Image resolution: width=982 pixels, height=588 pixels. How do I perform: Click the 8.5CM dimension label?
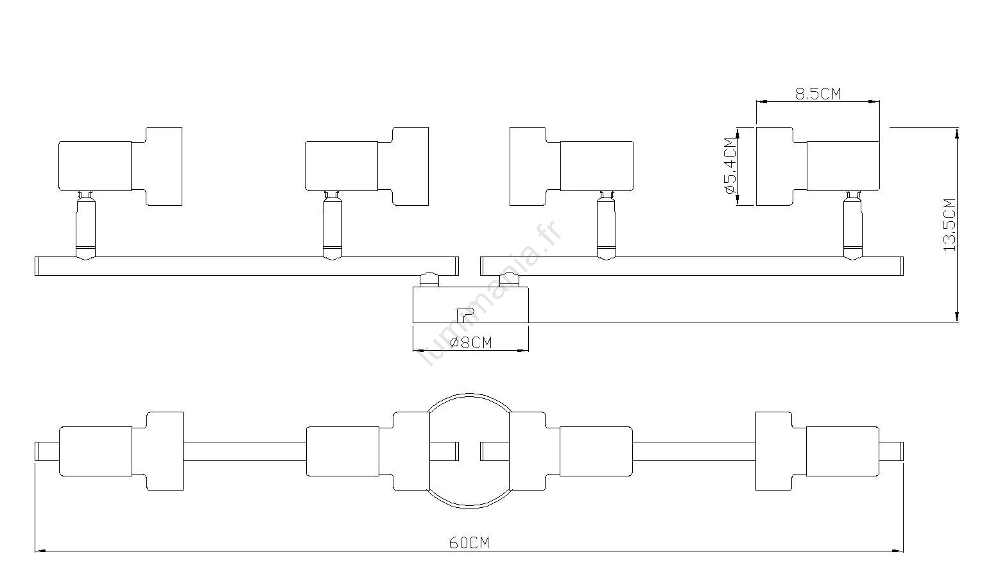tap(818, 94)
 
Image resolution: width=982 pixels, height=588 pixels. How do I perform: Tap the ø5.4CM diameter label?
tap(730, 166)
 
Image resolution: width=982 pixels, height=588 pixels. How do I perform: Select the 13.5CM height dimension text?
tap(949, 225)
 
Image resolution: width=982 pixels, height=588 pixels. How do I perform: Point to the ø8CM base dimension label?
tap(471, 342)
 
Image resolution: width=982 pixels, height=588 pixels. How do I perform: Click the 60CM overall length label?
tap(469, 543)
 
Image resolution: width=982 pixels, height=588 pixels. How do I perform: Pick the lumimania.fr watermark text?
tap(490, 292)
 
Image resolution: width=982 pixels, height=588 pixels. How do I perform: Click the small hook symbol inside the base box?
tap(465, 315)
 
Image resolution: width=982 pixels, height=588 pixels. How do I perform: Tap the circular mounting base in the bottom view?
tap(469, 394)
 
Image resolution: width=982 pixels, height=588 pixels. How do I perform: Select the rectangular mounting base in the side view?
tap(471, 305)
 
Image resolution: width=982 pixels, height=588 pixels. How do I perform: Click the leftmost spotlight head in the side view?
tap(121, 166)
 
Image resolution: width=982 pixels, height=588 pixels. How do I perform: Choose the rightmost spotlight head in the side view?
tap(818, 166)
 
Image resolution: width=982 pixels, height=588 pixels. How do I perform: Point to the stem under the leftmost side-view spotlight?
tap(85, 226)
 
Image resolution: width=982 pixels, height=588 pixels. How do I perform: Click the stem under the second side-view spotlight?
tap(332, 226)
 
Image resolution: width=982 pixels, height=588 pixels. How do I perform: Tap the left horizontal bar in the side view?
tap(247, 266)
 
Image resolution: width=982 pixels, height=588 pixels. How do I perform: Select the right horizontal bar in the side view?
tap(692, 266)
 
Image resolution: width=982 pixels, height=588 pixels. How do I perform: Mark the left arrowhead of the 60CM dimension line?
tap(40, 551)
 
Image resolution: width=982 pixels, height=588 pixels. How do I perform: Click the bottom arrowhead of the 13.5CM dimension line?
tap(958, 317)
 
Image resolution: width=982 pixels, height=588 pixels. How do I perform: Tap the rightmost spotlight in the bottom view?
tap(818, 451)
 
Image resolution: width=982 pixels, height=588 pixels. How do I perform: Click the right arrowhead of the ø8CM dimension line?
tap(523, 350)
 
